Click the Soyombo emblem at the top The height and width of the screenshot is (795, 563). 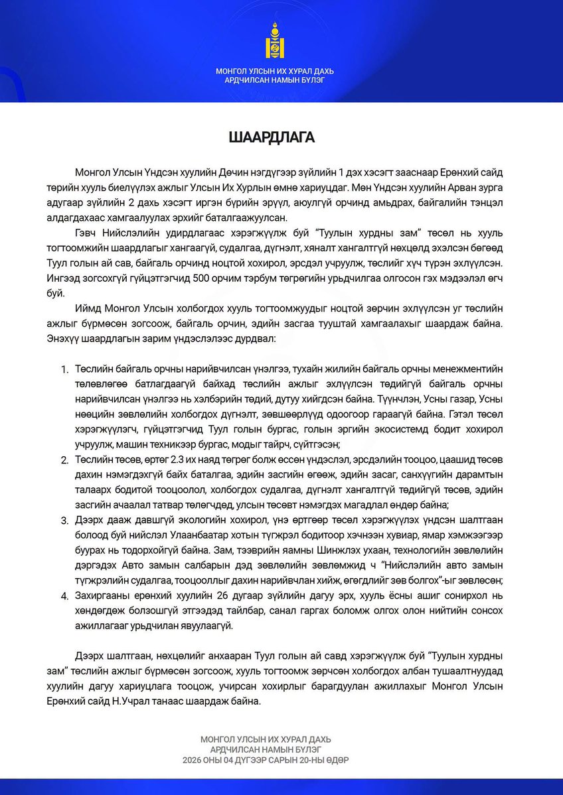[281, 41]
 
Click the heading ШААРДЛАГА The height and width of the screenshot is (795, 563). [281, 138]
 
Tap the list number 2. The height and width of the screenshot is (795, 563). [64, 459]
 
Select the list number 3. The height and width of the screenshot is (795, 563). [64, 520]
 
